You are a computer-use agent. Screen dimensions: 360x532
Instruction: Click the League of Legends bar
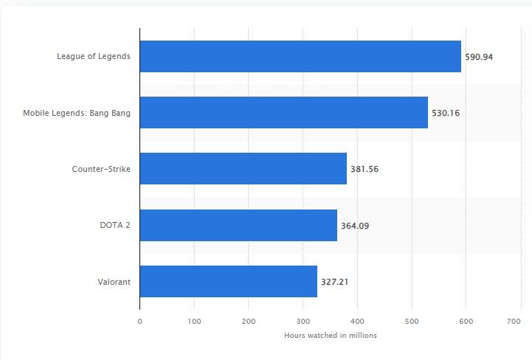(x=300, y=57)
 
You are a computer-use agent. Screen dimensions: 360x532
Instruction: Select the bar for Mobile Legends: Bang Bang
(x=283, y=113)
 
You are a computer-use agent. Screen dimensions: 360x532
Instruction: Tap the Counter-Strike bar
(x=243, y=169)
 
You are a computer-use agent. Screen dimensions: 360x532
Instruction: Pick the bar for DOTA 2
(x=238, y=225)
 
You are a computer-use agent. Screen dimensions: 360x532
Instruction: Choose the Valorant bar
(x=228, y=281)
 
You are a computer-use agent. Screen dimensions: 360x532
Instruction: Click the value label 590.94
(x=479, y=57)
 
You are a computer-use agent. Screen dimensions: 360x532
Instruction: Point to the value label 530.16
(x=446, y=113)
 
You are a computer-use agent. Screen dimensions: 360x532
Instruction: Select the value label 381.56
(x=365, y=169)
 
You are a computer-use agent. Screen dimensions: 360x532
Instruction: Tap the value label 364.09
(x=355, y=226)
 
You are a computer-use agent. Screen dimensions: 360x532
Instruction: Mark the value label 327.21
(x=335, y=282)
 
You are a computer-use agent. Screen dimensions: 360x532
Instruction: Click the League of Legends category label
(x=94, y=57)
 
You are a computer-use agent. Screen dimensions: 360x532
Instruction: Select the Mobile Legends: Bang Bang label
(x=77, y=113)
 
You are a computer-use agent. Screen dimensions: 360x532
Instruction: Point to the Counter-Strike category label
(x=101, y=169)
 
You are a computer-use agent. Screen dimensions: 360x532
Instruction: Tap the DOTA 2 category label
(x=116, y=225)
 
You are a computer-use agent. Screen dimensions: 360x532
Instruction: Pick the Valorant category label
(x=114, y=281)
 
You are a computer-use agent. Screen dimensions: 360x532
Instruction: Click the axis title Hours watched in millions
(x=331, y=336)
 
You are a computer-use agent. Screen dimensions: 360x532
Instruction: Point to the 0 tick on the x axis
(x=139, y=321)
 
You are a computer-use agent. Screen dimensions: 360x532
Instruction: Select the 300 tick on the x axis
(x=303, y=321)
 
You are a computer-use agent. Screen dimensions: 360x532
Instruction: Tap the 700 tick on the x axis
(x=514, y=321)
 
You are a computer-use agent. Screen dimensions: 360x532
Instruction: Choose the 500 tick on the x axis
(x=412, y=321)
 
